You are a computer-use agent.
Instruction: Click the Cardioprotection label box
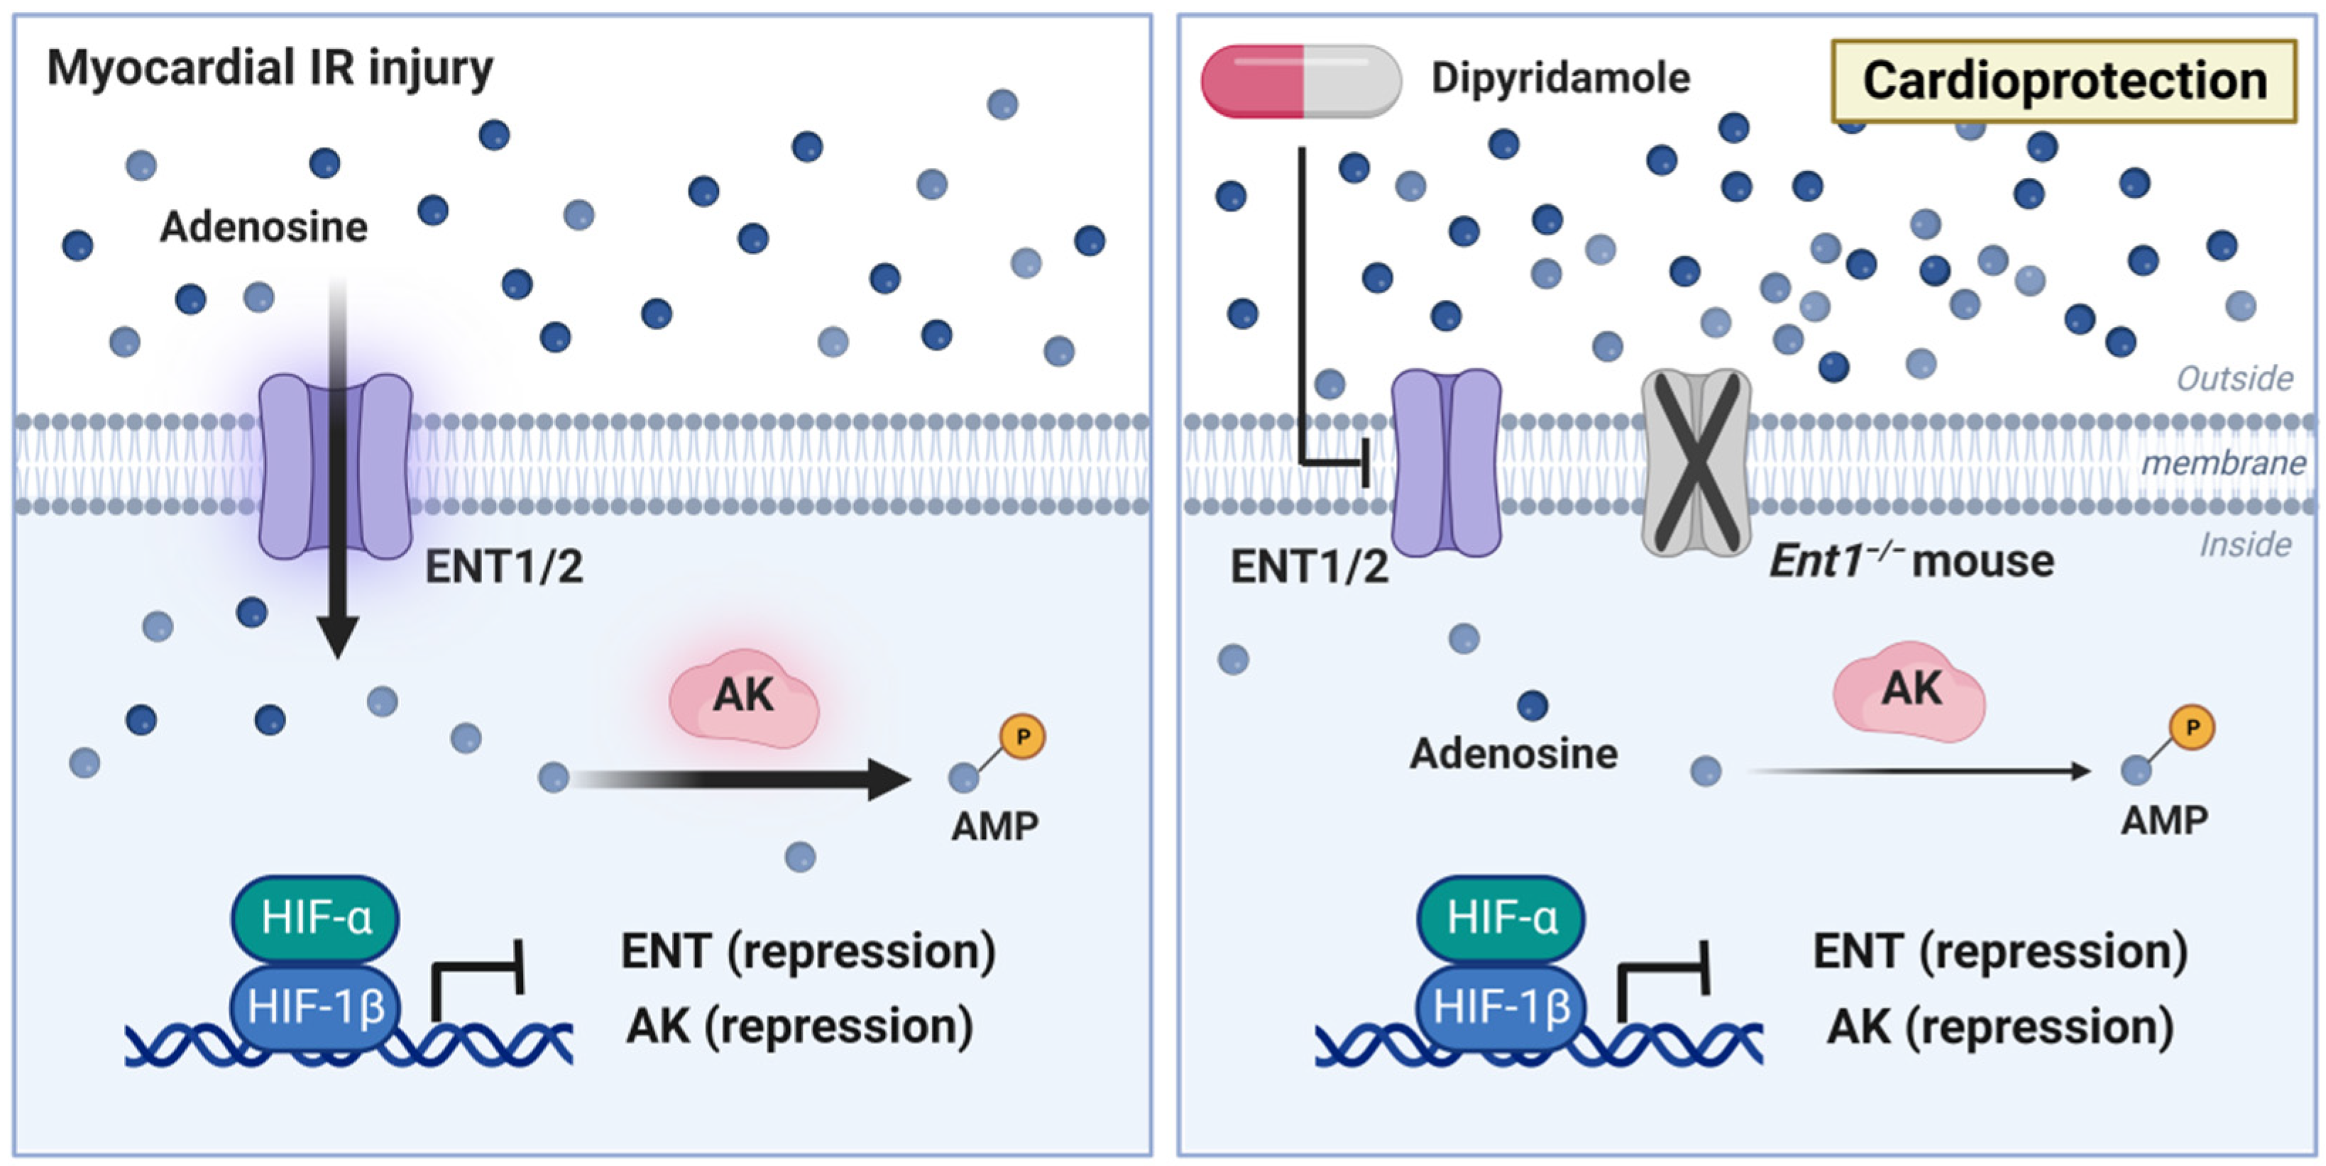pos(2063,82)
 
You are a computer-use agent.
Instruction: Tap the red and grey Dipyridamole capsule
pos(1300,82)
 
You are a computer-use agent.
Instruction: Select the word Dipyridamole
pos(1560,79)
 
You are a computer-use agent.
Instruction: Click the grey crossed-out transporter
pos(1696,461)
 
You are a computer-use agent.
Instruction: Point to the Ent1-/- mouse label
pos(1911,561)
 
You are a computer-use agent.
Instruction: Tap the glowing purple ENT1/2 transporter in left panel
pos(335,466)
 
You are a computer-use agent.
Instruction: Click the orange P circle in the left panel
pos(1023,736)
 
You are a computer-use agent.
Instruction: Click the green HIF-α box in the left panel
pos(315,918)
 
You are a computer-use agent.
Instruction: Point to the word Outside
pos(2234,378)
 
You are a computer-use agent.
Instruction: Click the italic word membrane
pos(2223,464)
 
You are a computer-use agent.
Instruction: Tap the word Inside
pos(2245,544)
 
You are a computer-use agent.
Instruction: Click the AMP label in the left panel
pos(994,826)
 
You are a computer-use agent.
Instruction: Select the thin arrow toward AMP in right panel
pos(1919,772)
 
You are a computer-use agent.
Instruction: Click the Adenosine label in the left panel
pos(263,226)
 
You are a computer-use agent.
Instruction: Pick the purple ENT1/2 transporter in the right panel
pos(1447,462)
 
